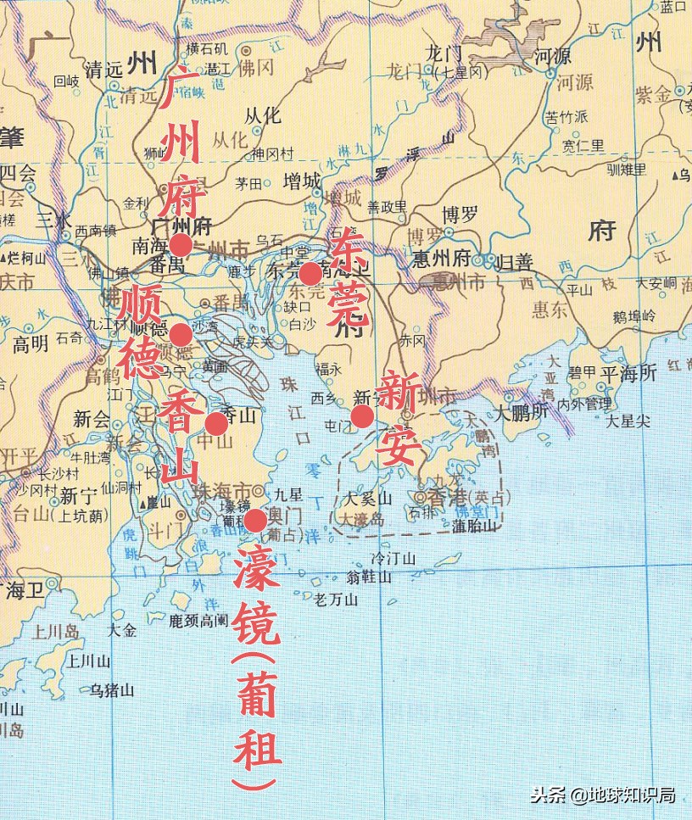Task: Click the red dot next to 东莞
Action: [x=310, y=273]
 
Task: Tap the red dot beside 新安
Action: [x=362, y=416]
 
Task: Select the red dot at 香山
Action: [x=217, y=423]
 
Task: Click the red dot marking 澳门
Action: [x=254, y=520]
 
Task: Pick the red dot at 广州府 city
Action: [x=180, y=245]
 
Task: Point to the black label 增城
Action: [x=301, y=181]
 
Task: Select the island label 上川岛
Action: [x=55, y=632]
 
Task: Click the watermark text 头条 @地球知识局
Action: [x=602, y=795]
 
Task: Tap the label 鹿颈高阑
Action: [x=198, y=620]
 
